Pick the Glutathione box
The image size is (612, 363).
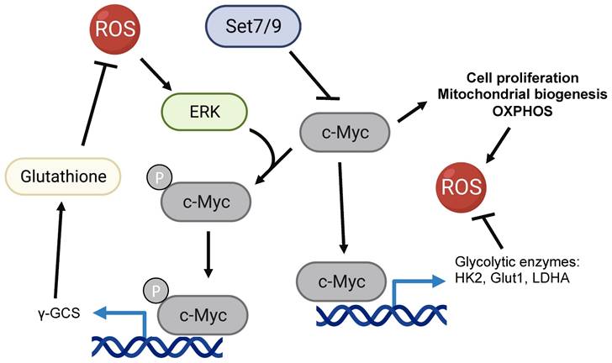(64, 177)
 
